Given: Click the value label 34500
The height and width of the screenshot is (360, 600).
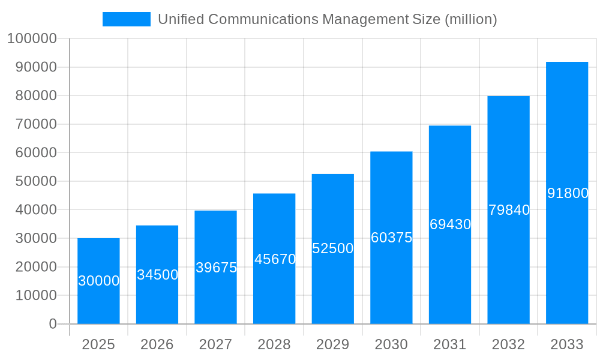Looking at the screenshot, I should point(157,275).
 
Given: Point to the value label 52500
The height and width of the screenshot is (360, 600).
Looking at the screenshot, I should point(333,248).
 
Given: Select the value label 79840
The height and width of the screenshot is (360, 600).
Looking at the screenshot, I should point(509,210).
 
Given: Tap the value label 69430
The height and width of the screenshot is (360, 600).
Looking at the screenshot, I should point(450,224).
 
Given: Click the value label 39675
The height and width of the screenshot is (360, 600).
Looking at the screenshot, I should point(216,268).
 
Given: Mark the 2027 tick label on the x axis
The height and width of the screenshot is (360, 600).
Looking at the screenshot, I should point(215,344).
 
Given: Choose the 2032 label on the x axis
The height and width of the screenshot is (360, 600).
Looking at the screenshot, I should point(508,344).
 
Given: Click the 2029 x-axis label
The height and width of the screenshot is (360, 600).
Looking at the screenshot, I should point(332,344).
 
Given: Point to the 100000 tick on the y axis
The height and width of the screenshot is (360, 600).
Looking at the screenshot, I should point(32,38).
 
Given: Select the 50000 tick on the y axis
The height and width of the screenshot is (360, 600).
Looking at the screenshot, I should point(35,181).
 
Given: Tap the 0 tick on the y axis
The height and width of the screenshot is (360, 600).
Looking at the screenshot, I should point(53,324).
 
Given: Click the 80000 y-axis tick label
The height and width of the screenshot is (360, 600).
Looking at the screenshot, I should point(35,95).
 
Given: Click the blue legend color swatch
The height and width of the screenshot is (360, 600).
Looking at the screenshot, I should point(126,19).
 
